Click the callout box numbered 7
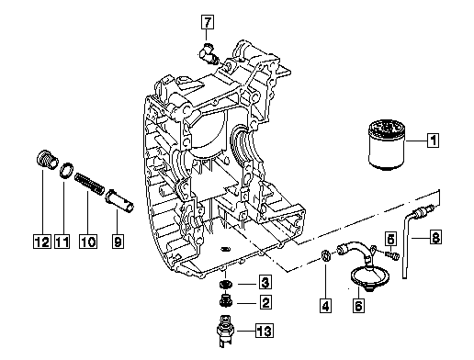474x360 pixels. pos(208,22)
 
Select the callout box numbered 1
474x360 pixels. pos(433,141)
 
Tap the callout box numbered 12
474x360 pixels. pos(42,242)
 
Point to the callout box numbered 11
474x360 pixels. pos(62,242)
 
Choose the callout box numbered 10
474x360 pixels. pos(88,242)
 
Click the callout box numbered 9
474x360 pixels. pos(118,242)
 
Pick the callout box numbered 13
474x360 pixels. pos(265,331)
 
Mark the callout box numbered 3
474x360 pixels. pos(265,282)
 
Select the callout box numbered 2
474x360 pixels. pos(265,302)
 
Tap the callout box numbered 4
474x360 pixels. pos(325,306)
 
